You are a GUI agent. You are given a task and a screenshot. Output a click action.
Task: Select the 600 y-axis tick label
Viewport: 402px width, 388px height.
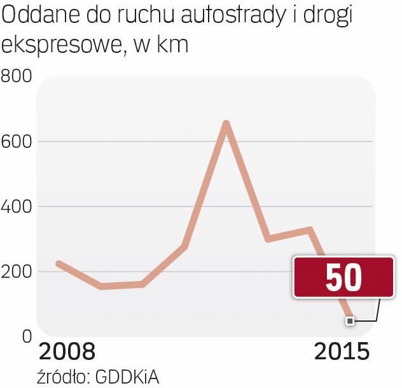(x=17, y=141)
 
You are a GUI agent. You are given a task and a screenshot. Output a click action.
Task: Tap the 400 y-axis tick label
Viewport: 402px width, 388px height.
(x=17, y=206)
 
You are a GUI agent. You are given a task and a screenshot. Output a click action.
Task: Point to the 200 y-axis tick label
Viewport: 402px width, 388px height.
(x=17, y=272)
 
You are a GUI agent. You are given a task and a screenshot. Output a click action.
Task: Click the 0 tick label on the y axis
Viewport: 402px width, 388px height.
(x=27, y=336)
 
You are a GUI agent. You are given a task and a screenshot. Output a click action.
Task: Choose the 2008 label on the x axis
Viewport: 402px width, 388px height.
(x=67, y=352)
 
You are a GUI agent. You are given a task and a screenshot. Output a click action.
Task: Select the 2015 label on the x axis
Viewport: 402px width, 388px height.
(x=342, y=352)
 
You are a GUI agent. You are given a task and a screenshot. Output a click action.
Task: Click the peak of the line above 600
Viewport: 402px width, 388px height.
(x=226, y=124)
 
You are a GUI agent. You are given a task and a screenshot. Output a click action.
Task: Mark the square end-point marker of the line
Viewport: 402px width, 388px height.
(x=349, y=321)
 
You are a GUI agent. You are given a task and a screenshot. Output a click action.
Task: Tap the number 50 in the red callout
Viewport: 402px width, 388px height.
(x=343, y=278)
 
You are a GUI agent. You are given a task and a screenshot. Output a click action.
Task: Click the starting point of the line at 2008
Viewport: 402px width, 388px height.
(x=58, y=264)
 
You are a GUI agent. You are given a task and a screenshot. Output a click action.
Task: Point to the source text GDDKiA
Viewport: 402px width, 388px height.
(x=127, y=377)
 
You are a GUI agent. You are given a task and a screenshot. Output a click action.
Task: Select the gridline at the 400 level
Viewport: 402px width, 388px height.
(x=127, y=206)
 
